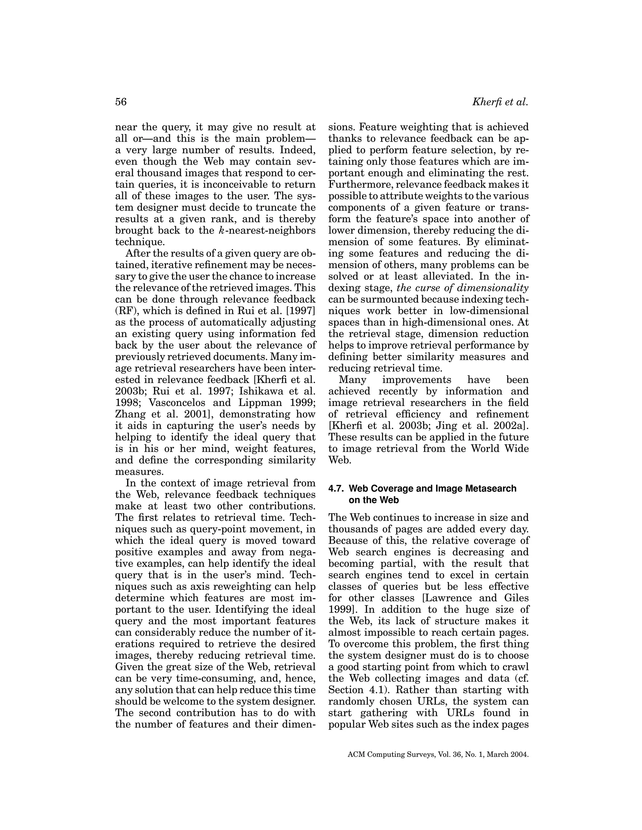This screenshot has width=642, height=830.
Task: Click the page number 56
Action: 121,102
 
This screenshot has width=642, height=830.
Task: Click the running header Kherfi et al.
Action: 500,102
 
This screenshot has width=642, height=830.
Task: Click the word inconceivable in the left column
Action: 239,185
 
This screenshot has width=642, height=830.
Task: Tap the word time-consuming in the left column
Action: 217,678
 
